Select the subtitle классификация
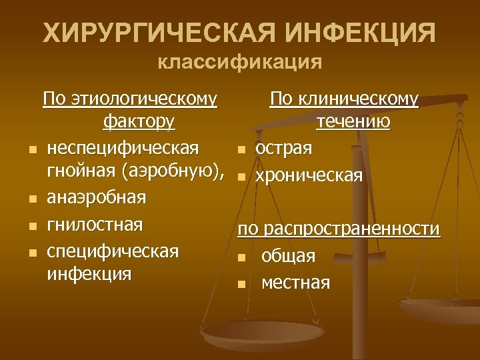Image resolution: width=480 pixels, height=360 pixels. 240,63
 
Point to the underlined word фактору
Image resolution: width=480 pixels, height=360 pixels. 140,123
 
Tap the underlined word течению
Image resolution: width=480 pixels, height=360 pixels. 354,123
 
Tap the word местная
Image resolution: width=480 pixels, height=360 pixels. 295,283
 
